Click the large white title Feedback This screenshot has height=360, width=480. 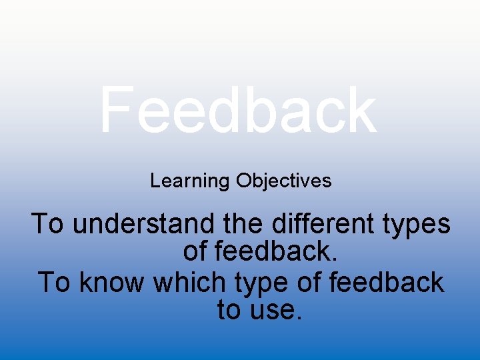tap(238, 110)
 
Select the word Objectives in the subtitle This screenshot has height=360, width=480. tap(283, 181)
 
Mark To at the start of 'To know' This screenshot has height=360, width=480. tap(53, 282)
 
